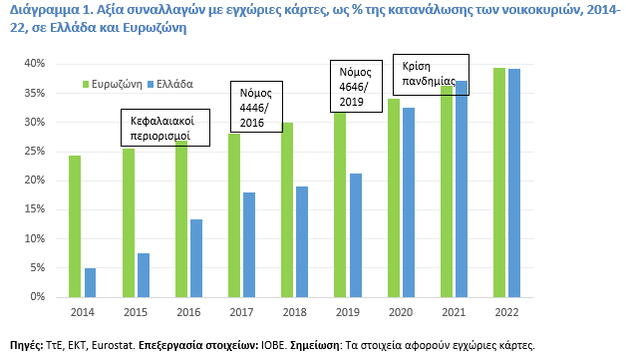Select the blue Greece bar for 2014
[90, 282]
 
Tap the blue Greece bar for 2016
[195, 258]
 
